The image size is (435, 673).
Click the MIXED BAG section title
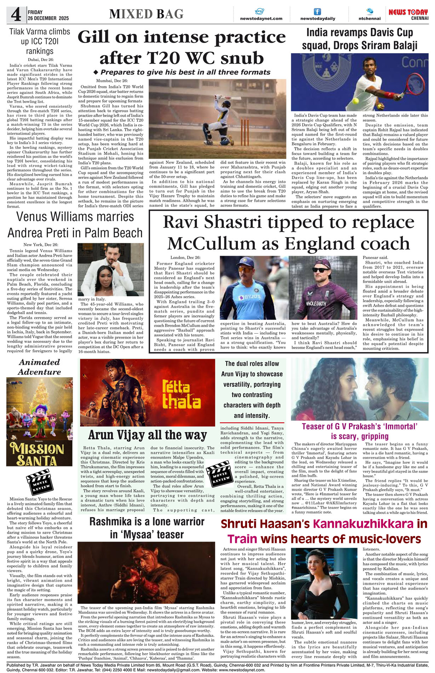(x=146, y=14)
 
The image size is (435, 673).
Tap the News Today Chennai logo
(x=408, y=14)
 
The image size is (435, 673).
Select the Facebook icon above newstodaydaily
(x=317, y=12)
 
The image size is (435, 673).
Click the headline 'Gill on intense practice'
(x=182, y=37)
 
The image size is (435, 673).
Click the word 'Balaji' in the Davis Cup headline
(x=401, y=46)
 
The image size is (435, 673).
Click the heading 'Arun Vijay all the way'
(x=147, y=435)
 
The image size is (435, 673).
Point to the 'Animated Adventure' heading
(x=39, y=367)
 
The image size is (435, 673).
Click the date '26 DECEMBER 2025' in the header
(x=48, y=18)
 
